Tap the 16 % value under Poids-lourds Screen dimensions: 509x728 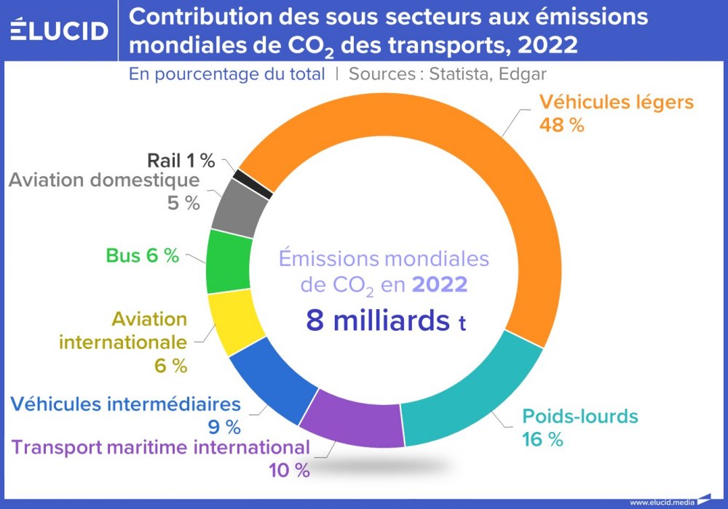(x=542, y=439)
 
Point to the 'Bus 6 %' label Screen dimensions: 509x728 (x=142, y=255)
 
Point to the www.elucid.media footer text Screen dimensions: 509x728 (x=661, y=502)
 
